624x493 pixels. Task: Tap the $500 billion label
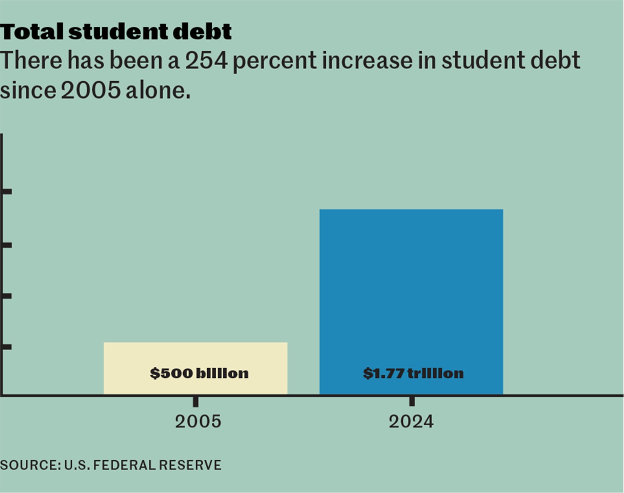(x=199, y=373)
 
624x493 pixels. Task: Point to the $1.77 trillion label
(x=413, y=373)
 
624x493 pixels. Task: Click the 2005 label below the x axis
(x=198, y=422)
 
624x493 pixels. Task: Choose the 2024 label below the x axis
(x=411, y=422)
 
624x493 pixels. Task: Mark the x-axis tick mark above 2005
(x=196, y=402)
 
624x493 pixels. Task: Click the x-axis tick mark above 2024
(x=412, y=401)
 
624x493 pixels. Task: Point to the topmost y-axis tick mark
(x=7, y=191)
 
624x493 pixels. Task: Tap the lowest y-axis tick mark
(x=7, y=347)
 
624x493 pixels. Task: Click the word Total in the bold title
(x=32, y=32)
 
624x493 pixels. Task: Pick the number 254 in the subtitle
(x=206, y=61)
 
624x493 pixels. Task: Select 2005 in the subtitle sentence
(x=90, y=91)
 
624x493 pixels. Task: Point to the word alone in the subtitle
(x=158, y=91)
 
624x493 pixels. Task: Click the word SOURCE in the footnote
(x=29, y=465)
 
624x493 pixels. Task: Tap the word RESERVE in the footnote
(x=190, y=465)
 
